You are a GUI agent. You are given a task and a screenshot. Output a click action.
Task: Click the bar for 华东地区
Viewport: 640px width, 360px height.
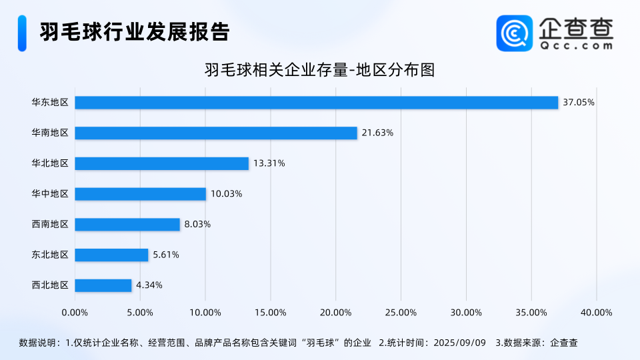(316, 103)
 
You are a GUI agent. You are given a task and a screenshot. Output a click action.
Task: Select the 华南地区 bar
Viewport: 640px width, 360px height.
(216, 133)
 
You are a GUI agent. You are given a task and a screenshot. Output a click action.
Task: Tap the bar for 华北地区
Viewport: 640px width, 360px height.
(161, 163)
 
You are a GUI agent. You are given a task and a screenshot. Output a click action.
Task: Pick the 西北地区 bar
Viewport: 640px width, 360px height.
(103, 285)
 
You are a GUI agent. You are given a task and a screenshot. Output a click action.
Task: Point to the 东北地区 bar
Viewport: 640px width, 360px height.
(111, 255)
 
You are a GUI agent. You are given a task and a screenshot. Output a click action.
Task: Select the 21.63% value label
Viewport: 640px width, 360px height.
(377, 133)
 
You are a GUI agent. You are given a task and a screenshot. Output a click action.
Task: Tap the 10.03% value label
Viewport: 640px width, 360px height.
(226, 194)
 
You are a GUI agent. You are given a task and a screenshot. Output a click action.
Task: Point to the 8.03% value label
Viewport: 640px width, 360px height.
(197, 225)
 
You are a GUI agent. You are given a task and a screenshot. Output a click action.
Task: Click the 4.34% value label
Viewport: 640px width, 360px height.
(149, 285)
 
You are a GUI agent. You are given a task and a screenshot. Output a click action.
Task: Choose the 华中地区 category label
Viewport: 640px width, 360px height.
(50, 194)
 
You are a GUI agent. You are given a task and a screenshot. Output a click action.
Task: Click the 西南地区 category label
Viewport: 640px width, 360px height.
(50, 225)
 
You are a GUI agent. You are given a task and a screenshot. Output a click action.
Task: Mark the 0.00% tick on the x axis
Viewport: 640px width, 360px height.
(75, 312)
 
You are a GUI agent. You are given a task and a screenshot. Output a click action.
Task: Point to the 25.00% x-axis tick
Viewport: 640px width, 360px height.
(401, 312)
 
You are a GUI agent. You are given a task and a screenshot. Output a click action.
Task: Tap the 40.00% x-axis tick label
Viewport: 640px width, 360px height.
(596, 312)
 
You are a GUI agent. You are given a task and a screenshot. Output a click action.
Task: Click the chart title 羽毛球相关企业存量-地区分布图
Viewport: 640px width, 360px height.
(319, 70)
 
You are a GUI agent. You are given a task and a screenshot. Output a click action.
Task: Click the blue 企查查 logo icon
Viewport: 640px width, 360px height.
(514, 33)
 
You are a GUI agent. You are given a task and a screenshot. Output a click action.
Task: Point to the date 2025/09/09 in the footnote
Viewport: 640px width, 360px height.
(459, 343)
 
